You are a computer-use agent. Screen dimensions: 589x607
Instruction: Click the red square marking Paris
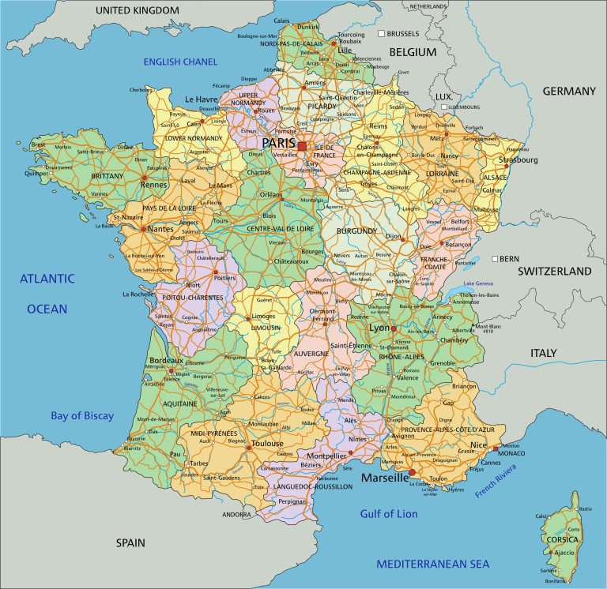pos(302,146)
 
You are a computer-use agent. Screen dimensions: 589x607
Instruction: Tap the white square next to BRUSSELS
pos(380,34)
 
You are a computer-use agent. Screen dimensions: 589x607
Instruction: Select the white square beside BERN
pos(494,259)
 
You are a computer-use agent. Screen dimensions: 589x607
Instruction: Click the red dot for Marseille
pos(412,471)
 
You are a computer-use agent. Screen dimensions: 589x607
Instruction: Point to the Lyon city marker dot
pos(394,328)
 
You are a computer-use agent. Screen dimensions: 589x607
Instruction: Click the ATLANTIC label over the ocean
pos(47,278)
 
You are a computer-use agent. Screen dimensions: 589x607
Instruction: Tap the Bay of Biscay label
pos(82,416)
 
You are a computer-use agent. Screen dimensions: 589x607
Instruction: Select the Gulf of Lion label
pos(388,514)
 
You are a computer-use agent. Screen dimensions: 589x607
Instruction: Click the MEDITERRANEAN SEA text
pos(432,564)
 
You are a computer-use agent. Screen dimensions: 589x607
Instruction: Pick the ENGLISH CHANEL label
pos(180,62)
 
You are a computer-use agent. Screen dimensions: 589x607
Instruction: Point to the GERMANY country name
pos(569,91)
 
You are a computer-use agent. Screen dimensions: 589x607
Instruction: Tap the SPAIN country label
pos(130,542)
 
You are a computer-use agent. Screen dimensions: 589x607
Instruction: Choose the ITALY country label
pos(544,353)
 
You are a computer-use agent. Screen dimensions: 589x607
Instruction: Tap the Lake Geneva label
pos(480,283)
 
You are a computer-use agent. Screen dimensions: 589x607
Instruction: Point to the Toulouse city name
pos(266,444)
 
